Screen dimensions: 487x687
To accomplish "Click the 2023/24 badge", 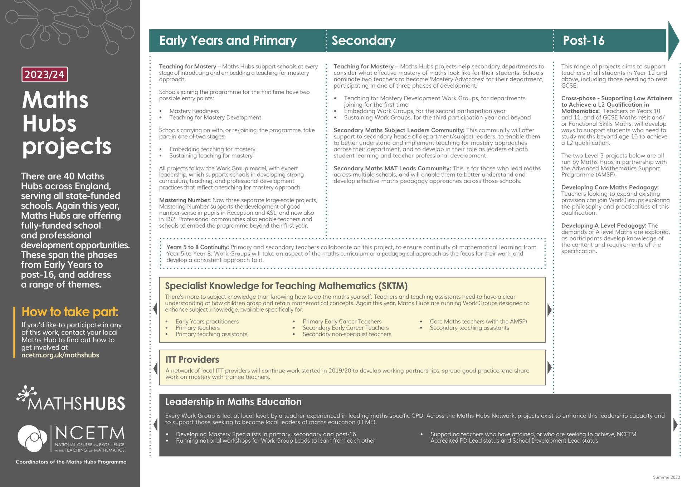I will [x=44, y=74].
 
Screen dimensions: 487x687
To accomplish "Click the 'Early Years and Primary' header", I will [x=228, y=40].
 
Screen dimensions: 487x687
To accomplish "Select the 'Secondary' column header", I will [x=364, y=40].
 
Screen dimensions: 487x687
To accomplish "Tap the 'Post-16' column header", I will [x=584, y=40].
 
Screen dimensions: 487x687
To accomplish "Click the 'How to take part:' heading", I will [x=70, y=312].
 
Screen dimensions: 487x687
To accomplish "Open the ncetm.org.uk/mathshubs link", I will [x=60, y=355].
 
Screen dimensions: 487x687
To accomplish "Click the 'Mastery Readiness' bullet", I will [x=194, y=111].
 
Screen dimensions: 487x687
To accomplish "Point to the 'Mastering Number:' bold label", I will [x=185, y=200].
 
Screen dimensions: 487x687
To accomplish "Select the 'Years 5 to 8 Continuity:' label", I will [x=198, y=247].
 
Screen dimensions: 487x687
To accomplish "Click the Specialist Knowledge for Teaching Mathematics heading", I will [x=286, y=286].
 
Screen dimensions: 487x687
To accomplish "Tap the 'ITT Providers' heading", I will [x=192, y=360].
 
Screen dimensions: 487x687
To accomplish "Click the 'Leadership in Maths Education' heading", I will [x=233, y=402].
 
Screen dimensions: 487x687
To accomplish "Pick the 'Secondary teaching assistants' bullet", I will [x=469, y=328].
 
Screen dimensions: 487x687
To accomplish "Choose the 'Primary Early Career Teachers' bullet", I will [x=342, y=321].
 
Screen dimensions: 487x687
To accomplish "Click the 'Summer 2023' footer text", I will [x=666, y=477].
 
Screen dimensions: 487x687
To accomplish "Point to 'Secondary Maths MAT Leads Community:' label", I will [x=392, y=168].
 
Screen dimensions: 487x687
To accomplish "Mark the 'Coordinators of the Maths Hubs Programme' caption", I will [x=71, y=462].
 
